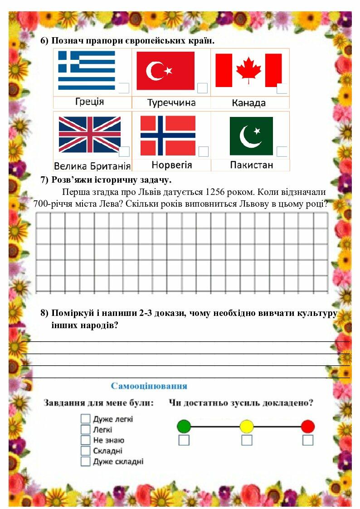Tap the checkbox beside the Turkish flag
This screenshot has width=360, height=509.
point(203,88)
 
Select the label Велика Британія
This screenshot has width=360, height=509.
point(92,166)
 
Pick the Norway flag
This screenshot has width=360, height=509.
point(168,135)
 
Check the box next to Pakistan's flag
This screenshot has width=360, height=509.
point(282,151)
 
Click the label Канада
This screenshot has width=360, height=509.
point(248,103)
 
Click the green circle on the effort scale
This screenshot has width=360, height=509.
point(184,426)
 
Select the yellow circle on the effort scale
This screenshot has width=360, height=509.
point(247,426)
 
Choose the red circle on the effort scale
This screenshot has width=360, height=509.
point(307,426)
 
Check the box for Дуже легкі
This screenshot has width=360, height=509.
point(86,418)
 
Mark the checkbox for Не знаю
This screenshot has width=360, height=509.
point(86,440)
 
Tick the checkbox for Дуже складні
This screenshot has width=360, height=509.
point(86,461)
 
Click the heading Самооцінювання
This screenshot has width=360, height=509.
point(149,386)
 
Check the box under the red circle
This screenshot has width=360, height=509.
point(308,440)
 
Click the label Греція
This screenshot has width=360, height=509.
point(89,102)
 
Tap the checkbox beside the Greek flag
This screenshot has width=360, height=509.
point(124,88)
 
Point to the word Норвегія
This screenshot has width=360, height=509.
point(171,165)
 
